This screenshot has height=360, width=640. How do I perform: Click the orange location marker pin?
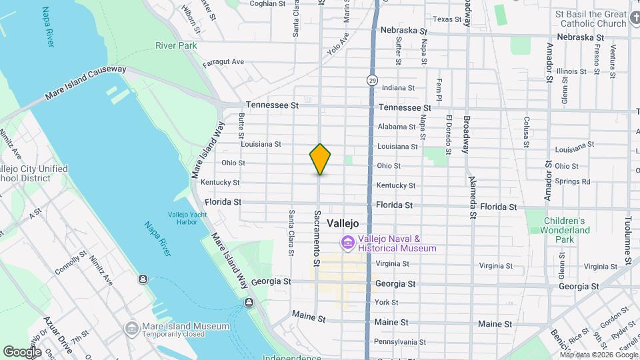[320, 159]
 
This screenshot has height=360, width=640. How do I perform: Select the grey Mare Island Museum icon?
[131, 327]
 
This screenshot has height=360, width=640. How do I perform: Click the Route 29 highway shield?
[371, 80]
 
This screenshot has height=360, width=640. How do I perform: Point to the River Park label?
[176, 45]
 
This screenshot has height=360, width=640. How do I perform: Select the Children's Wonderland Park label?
[567, 230]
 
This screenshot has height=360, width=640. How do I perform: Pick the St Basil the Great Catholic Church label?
[593, 19]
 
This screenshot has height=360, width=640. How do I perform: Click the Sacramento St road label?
[317, 238]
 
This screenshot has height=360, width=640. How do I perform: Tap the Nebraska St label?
[403, 31]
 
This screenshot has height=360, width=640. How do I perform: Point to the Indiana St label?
[399, 88]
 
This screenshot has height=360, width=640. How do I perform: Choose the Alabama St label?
[397, 127]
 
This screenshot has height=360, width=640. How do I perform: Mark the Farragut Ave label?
[223, 62]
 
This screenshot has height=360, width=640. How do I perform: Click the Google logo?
[23, 351]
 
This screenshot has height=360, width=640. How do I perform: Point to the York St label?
[387, 303]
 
